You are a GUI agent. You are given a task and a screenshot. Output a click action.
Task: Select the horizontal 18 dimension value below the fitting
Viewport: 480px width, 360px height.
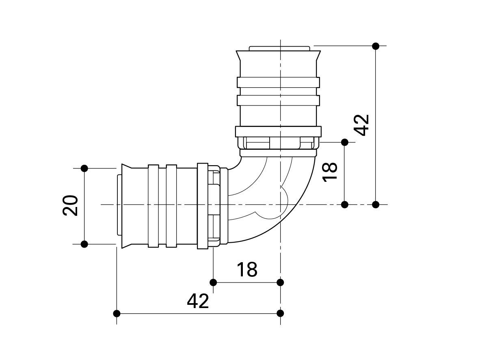click(247, 269)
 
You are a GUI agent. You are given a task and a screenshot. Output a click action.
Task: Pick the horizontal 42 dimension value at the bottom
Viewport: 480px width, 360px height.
click(198, 301)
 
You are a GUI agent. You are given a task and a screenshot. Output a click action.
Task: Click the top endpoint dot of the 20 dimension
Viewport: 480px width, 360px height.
click(84, 168)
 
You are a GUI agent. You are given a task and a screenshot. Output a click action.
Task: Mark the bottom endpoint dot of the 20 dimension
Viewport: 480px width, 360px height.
click(84, 244)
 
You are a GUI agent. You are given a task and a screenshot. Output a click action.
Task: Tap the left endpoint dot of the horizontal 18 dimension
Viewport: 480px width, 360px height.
click(213, 282)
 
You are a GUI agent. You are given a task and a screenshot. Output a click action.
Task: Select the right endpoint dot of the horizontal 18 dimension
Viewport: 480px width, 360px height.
click(280, 282)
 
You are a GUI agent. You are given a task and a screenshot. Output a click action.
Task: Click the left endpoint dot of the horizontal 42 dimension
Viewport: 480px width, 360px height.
click(117, 313)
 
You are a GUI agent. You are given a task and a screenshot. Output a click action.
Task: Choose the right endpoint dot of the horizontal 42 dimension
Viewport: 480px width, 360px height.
click(280, 313)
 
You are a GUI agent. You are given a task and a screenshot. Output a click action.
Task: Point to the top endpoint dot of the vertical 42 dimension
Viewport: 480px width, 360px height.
click(376, 46)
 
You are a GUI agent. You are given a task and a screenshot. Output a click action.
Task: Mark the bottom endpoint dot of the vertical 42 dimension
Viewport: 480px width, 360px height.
click(376, 204)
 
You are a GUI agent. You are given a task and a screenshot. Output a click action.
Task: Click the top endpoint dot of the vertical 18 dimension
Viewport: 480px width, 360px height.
click(345, 142)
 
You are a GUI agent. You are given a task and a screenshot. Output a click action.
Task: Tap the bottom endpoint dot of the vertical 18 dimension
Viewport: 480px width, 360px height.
click(345, 204)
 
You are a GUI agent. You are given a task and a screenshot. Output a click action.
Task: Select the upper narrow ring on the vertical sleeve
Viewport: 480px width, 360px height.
click(278, 82)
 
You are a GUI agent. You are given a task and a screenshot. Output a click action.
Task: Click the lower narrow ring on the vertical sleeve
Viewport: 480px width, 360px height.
click(278, 100)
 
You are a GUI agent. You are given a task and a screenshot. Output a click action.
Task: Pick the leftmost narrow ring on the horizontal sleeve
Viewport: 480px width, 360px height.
click(153, 206)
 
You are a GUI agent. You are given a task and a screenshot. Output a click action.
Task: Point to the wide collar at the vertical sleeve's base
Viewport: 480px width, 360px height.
click(278, 132)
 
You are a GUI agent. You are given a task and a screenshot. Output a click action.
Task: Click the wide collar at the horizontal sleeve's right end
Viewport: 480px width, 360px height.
click(202, 206)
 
